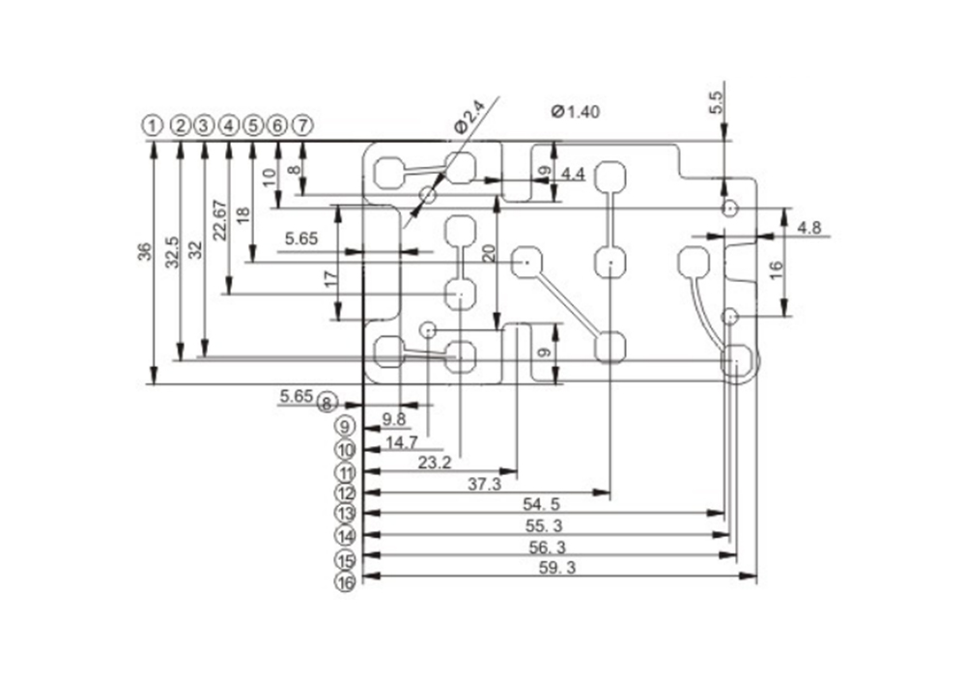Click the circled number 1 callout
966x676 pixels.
(152, 126)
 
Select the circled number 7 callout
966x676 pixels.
(303, 126)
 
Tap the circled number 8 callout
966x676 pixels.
(327, 402)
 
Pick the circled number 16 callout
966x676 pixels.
(345, 582)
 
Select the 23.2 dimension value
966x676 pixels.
(435, 464)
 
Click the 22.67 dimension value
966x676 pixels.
(220, 219)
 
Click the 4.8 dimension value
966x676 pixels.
(810, 228)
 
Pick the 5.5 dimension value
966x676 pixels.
(716, 102)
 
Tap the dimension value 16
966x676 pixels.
(777, 270)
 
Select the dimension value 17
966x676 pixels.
(330, 280)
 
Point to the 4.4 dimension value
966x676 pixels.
(573, 174)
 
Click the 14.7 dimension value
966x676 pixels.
(402, 441)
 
